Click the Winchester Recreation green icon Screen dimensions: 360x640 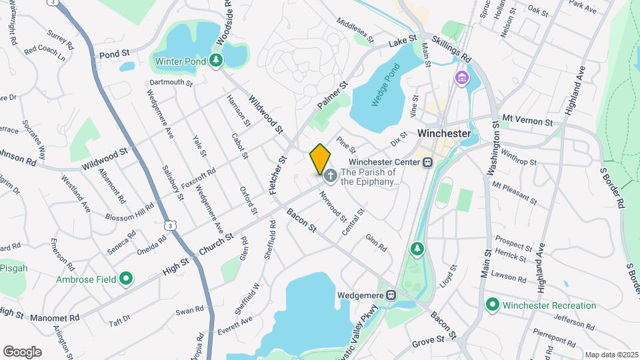(493, 305)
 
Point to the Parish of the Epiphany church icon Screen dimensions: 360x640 (329, 176)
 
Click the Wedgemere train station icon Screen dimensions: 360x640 (392, 293)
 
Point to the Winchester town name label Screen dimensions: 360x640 (444, 133)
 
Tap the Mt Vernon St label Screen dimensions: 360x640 (527, 120)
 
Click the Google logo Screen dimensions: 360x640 (22, 351)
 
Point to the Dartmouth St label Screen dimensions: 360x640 (171, 84)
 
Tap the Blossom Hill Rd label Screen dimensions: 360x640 (129, 212)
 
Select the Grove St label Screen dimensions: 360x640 (428, 341)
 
